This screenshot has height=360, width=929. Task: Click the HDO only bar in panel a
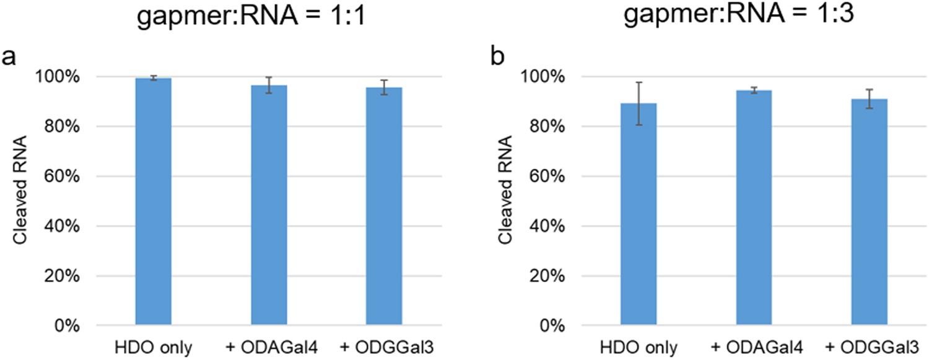click(x=153, y=201)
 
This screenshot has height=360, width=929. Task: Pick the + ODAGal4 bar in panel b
click(x=754, y=208)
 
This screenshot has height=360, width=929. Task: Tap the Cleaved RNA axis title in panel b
click(x=505, y=201)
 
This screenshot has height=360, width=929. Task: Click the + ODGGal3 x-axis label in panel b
click(x=869, y=346)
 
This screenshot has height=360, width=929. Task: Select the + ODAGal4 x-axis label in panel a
click(x=269, y=346)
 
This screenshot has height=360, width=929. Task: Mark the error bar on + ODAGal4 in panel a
click(x=269, y=86)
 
